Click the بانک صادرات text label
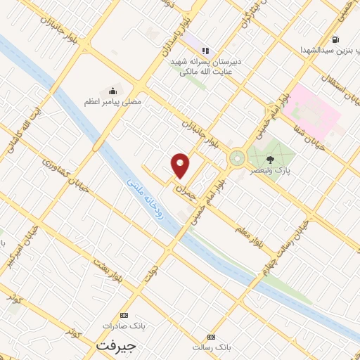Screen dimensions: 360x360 point(117,326)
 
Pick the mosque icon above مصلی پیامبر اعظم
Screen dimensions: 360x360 point(112,91)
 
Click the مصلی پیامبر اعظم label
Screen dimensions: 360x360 point(112,103)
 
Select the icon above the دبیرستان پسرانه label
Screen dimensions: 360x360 point(205,50)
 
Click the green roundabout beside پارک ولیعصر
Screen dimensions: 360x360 point(237,159)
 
